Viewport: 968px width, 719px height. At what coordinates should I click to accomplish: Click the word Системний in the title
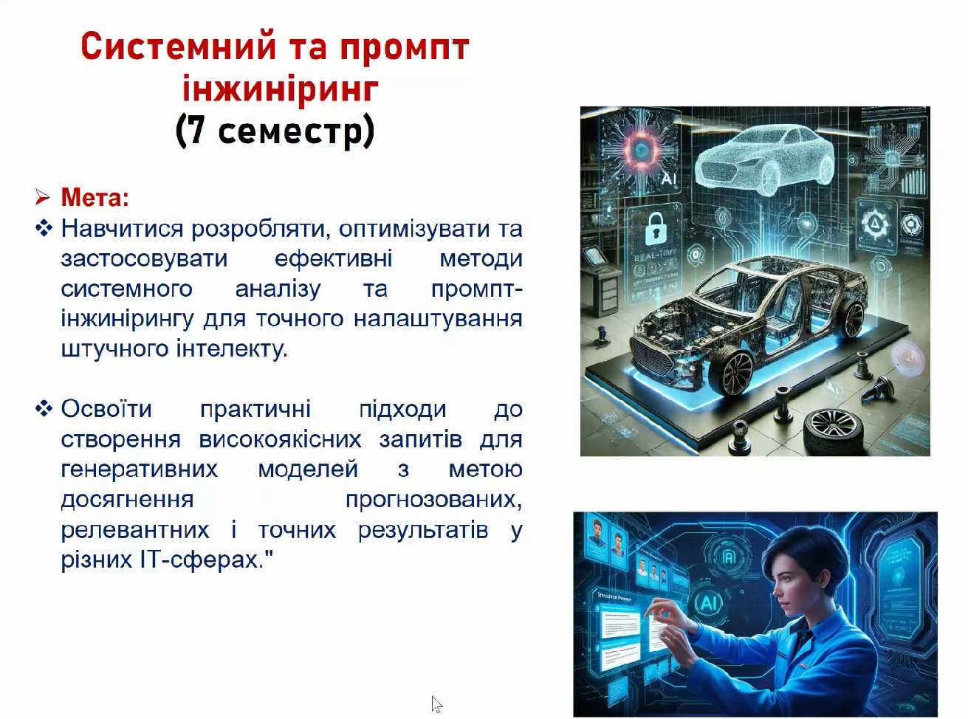click(179, 47)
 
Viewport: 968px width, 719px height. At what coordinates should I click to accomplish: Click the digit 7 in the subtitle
click(196, 131)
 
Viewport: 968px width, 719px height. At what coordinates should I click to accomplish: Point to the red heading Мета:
click(95, 197)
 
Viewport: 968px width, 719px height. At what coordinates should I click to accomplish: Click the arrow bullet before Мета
click(43, 198)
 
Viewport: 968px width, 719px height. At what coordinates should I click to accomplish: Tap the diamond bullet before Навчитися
click(44, 228)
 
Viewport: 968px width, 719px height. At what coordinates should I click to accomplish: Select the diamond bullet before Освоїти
click(44, 409)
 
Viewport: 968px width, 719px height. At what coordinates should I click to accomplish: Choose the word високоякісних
click(280, 439)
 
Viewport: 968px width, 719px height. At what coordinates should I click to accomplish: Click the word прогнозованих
click(433, 500)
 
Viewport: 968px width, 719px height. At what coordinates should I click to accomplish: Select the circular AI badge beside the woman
click(708, 603)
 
